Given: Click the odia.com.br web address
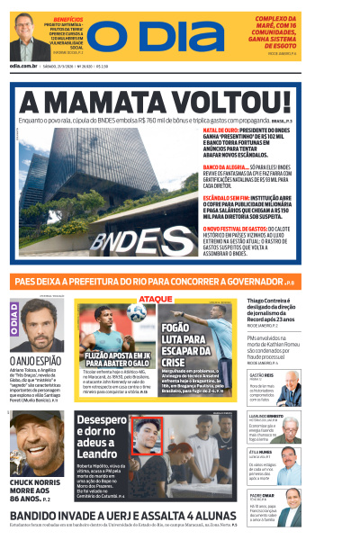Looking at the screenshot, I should pyautogui.click(x=23, y=66).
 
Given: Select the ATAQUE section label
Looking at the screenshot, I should pyautogui.click(x=156, y=298).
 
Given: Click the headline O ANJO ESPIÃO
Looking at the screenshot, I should pyautogui.click(x=36, y=359).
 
